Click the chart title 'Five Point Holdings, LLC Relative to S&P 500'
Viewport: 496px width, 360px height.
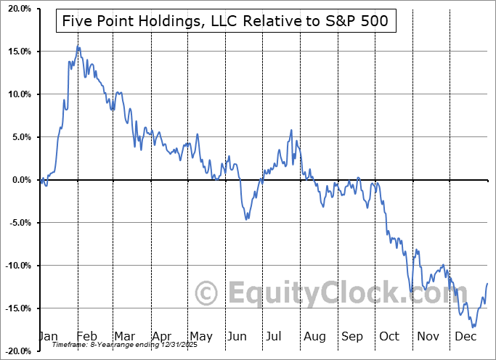[x=226, y=22]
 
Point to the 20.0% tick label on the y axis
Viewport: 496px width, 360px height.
[x=15, y=9]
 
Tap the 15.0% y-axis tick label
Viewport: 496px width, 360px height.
[x=15, y=52]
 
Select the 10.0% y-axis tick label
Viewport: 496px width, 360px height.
[x=15, y=94]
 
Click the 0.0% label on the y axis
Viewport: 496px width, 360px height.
[x=17, y=180]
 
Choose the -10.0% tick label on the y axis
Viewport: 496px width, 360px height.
[x=15, y=266]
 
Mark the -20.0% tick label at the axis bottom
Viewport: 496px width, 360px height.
[x=15, y=351]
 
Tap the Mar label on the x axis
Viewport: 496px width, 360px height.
[x=124, y=337]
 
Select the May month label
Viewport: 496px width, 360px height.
[x=200, y=337]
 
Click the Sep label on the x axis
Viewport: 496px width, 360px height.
[x=352, y=337]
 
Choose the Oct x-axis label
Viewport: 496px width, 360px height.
[x=389, y=337]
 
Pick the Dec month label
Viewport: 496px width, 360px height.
[x=466, y=337]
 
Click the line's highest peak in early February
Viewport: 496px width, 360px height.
[x=78, y=47]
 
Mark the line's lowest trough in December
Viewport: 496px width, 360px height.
[x=473, y=327]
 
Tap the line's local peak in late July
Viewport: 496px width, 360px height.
[x=291, y=131]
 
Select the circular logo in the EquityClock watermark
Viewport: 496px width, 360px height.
[x=207, y=293]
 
